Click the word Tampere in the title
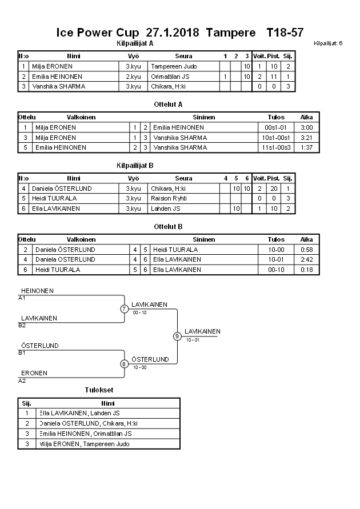(231, 33)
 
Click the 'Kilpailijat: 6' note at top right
(328, 43)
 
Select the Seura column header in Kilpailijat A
(184, 56)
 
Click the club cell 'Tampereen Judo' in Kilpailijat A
(174, 66)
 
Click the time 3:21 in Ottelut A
(306, 138)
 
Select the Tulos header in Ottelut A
(276, 117)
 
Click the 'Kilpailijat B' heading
(135, 166)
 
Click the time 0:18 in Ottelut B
(306, 269)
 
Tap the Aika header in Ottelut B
(306, 239)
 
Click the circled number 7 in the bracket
(123, 309)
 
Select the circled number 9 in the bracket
(177, 336)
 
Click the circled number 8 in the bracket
(123, 363)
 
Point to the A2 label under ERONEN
(22, 380)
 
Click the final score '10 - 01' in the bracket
(193, 340)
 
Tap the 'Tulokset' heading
(99, 390)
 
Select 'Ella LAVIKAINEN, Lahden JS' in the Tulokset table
(79, 413)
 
